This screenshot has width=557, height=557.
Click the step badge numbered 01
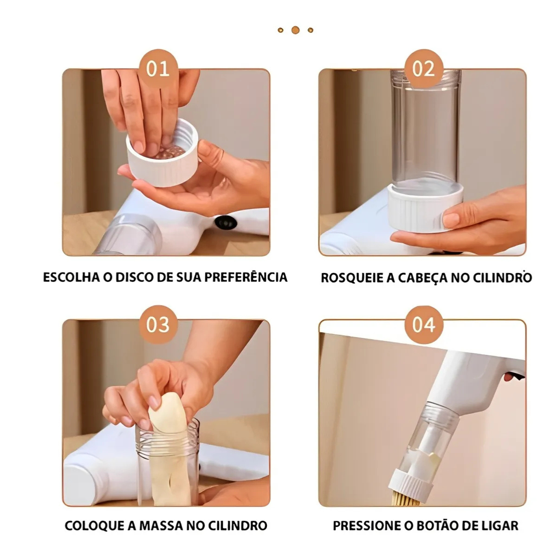158,69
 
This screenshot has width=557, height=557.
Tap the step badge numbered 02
423,69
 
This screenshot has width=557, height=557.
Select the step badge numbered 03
158,324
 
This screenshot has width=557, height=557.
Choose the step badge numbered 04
423,324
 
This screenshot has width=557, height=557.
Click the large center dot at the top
295,30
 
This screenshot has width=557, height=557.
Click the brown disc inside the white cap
170,151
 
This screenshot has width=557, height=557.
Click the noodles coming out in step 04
405,500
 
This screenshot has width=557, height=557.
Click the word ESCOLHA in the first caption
72,277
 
